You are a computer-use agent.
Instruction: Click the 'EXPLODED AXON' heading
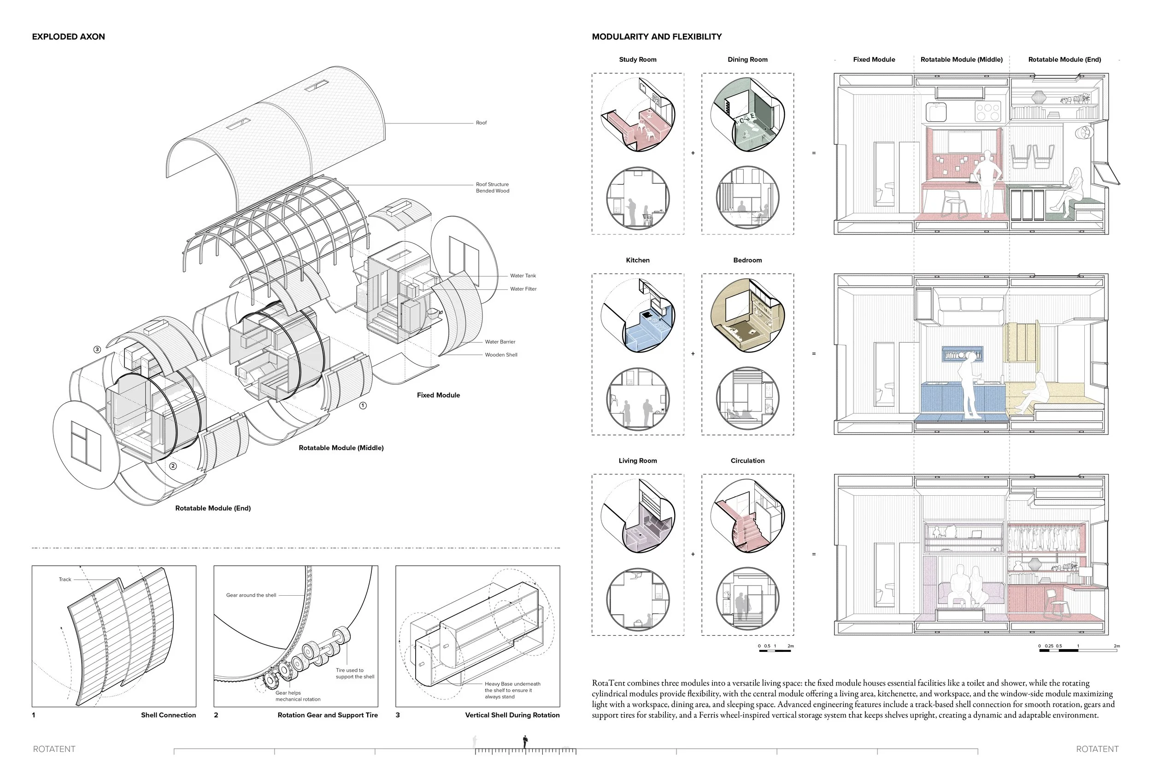tap(69, 37)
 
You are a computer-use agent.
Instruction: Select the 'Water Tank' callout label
tap(523, 276)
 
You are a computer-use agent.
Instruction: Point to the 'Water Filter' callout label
tap(523, 289)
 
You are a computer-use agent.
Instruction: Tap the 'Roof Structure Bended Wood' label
tap(492, 188)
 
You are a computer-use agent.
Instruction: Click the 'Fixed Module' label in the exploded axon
tap(438, 395)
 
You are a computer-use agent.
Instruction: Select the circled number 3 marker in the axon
tap(97, 350)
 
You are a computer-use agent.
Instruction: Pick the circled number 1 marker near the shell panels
tap(363, 405)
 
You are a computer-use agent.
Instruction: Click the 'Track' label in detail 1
tap(65, 580)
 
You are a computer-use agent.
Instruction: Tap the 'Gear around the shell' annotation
tap(251, 595)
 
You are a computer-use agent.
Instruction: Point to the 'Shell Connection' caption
tap(168, 715)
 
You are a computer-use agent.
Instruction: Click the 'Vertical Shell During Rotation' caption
tap(512, 715)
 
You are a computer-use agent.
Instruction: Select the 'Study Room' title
tap(637, 60)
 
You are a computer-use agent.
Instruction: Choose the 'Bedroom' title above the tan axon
tap(747, 260)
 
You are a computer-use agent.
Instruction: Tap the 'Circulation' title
tap(747, 461)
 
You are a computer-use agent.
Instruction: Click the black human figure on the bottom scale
tap(525, 742)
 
